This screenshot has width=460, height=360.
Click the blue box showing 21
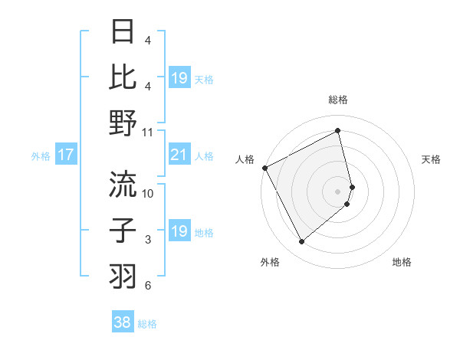(x=179, y=155)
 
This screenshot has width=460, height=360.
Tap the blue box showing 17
(x=66, y=155)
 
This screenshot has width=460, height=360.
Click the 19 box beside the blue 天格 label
(x=179, y=78)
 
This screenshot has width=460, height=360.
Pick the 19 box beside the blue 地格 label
(x=179, y=231)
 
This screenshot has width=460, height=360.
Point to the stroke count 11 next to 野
(x=148, y=133)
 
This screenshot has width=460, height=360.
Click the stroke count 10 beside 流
(x=148, y=194)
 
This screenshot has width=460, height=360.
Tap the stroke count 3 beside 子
(x=148, y=240)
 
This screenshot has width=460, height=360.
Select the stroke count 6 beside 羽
(x=148, y=286)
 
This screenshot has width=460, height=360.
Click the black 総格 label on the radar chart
(x=338, y=100)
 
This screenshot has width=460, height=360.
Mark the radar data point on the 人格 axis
(x=264, y=167)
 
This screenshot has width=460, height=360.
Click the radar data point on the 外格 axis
(x=301, y=242)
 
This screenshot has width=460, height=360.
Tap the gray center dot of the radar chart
(x=338, y=191)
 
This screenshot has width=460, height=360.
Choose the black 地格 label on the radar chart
(x=402, y=262)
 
